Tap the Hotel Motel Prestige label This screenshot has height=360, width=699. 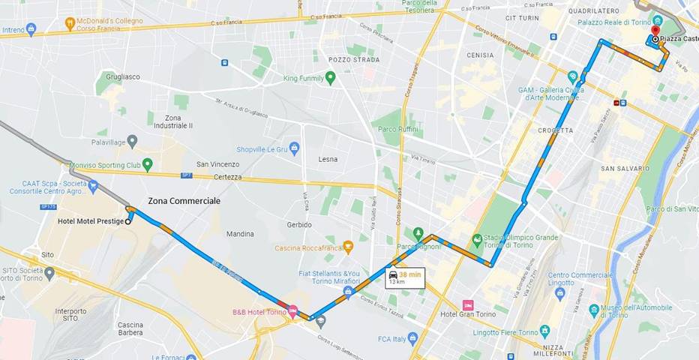[90, 221]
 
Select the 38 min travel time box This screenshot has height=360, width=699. [405, 277]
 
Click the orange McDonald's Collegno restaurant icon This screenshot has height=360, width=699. [70, 23]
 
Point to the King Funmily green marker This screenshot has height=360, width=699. [330, 77]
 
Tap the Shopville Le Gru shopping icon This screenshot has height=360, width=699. [295, 148]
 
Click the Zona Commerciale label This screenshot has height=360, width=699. [184, 201]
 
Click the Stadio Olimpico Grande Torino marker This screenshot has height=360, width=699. [477, 240]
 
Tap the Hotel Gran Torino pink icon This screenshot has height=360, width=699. [469, 305]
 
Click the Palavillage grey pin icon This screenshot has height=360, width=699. [132, 140]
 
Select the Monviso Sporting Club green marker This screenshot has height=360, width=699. [148, 163]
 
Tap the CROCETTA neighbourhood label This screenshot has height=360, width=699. [556, 130]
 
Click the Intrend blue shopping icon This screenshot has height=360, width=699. [31, 29]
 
